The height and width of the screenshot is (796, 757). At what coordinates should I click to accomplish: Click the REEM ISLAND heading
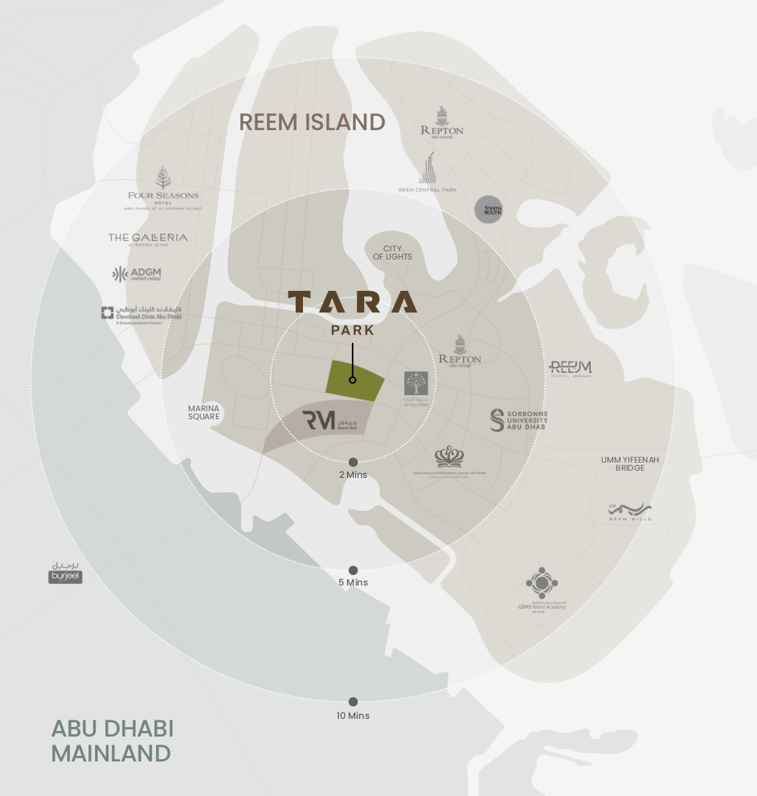[x=312, y=122]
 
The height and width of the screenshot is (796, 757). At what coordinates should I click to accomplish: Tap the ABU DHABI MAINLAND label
[x=112, y=741]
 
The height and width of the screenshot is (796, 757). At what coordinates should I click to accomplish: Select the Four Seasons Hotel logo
[x=163, y=189]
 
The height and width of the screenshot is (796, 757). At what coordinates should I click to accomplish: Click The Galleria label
[x=148, y=238]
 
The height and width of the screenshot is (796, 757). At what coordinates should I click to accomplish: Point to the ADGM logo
[x=137, y=275]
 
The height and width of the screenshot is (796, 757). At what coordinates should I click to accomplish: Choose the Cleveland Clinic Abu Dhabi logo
[x=141, y=314]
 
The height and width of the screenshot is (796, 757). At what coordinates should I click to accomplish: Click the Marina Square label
[x=204, y=413]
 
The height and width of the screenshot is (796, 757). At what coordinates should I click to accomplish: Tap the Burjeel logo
[x=65, y=573]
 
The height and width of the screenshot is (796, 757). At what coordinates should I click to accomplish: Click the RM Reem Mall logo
[x=329, y=420]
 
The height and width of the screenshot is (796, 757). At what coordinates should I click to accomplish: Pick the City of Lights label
[x=392, y=253]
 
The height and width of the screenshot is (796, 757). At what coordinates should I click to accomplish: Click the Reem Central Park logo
[x=428, y=173]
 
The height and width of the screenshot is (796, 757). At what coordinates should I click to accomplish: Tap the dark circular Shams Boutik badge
[x=488, y=210]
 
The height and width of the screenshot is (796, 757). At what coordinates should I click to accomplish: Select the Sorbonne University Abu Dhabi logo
[x=519, y=420]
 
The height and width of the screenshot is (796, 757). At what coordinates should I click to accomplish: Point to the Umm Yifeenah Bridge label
[x=630, y=463]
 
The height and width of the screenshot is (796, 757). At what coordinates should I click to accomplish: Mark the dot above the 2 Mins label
[x=353, y=462]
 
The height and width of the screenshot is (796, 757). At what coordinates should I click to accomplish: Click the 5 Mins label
[x=353, y=582]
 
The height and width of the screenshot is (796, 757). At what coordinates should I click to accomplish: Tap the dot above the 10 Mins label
[x=353, y=702]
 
